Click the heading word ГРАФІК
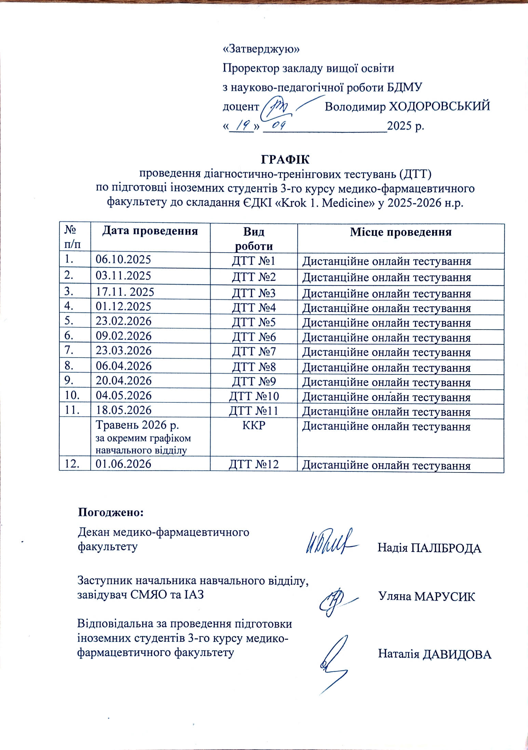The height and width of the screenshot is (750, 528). (x=285, y=160)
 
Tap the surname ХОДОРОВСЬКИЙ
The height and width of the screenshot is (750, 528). (x=440, y=107)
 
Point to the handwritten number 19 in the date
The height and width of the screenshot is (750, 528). (x=242, y=126)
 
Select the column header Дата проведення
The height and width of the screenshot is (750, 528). (x=150, y=231)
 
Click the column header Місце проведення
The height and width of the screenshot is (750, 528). (x=401, y=232)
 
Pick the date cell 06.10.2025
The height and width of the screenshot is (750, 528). (x=123, y=260)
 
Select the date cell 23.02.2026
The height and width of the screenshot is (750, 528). (x=124, y=322)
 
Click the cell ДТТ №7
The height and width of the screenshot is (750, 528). (x=254, y=351)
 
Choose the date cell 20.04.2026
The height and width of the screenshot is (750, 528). (x=124, y=381)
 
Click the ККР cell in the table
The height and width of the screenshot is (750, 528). (x=254, y=426)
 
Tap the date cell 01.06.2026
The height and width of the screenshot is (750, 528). (x=124, y=464)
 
